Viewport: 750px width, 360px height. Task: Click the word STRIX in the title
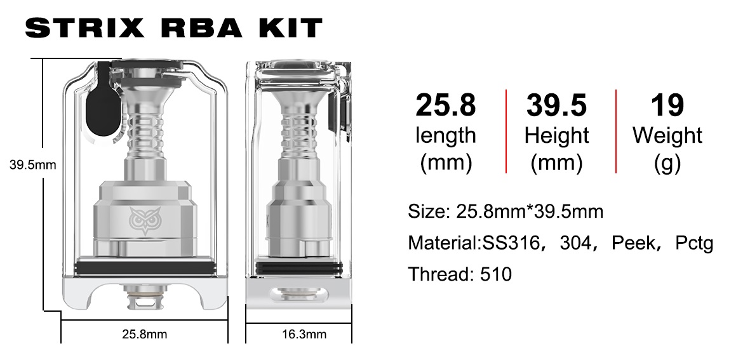point(84,28)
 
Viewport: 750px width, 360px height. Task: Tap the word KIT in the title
point(291,28)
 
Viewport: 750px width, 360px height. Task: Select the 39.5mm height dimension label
point(32,165)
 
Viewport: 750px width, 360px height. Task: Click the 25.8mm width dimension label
point(144,334)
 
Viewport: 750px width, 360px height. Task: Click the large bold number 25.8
point(446,105)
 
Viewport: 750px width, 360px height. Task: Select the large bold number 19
point(667,105)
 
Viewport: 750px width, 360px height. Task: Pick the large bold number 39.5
point(556,105)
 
